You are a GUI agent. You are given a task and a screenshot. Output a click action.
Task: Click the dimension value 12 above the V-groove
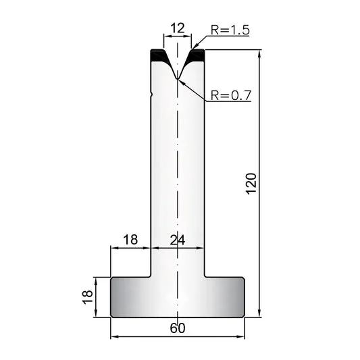(178, 28)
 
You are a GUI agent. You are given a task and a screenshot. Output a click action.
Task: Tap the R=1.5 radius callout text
(230, 30)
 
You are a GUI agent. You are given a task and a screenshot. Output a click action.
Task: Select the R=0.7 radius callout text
(231, 95)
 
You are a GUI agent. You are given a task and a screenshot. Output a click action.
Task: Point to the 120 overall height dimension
(251, 184)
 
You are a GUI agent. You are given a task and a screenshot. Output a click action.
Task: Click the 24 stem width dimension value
(178, 240)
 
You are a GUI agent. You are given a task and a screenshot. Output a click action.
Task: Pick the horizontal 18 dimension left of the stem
(130, 240)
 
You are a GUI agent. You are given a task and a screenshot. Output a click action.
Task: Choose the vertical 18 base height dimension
(88, 297)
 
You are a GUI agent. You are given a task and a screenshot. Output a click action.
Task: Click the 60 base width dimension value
(178, 328)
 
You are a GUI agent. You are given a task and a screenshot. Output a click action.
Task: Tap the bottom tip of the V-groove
(177, 79)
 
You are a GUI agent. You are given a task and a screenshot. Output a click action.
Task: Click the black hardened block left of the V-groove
(159, 55)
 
